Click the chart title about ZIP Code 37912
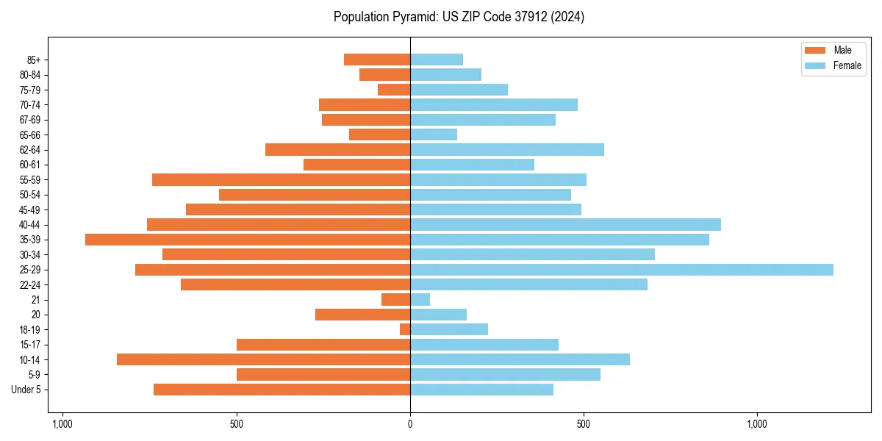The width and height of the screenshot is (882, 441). pos(459,17)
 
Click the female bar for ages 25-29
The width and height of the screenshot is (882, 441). pos(621,270)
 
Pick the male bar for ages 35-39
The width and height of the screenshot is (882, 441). pos(248,240)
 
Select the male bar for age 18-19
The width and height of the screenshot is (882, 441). pos(405,329)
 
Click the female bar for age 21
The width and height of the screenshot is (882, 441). pos(420,300)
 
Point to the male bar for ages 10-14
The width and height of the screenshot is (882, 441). pos(263,359)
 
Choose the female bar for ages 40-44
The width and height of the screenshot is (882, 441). pos(565,225)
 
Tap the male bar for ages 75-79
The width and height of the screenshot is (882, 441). pos(394,90)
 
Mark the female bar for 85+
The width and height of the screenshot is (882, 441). pos(437,60)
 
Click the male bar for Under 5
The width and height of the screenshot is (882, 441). pos(282,390)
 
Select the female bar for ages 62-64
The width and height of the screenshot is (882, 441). pos(507,150)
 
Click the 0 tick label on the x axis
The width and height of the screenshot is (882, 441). pos(410,424)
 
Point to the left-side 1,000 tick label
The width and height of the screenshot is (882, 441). pos(62,424)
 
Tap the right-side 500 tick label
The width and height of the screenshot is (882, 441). pos(584,424)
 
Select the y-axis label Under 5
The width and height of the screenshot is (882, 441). pos(26,390)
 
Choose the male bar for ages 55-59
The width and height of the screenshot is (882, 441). pos(281,180)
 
